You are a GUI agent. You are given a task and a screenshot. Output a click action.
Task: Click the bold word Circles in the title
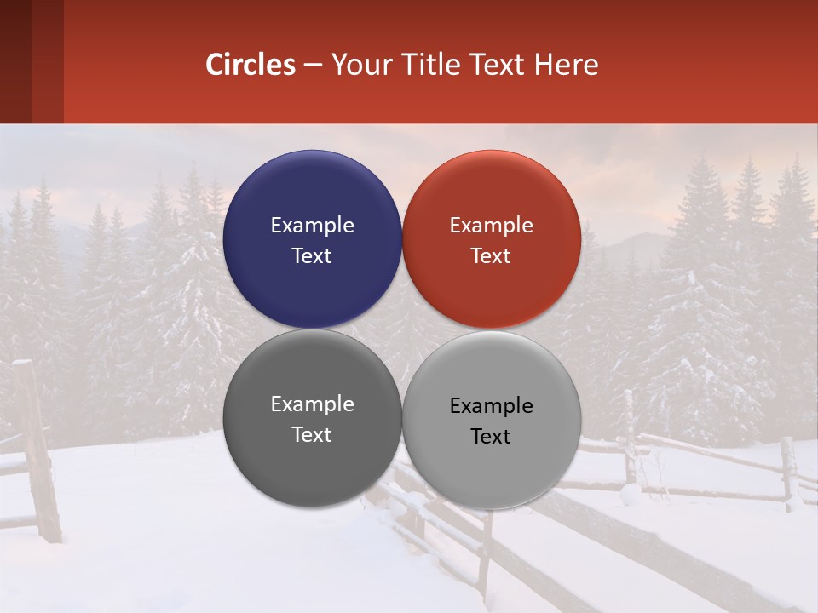(x=251, y=65)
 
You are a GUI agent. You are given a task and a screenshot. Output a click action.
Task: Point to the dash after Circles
(x=313, y=66)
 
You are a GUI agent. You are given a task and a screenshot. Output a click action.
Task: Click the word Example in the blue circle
(x=312, y=225)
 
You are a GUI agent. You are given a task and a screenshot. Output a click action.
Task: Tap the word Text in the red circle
(x=491, y=255)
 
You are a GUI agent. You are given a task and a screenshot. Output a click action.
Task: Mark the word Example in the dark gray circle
(x=312, y=404)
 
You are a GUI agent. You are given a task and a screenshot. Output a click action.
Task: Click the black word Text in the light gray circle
(x=491, y=436)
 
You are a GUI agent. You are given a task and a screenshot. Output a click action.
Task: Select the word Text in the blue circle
(x=312, y=255)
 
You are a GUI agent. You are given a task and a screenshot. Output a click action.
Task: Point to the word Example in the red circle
(x=491, y=225)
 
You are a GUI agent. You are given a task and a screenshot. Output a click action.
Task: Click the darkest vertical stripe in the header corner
(x=15, y=61)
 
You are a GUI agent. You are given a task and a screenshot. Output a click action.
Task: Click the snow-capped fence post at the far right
(x=789, y=473)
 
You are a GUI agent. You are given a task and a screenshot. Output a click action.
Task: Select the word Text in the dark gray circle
(x=312, y=434)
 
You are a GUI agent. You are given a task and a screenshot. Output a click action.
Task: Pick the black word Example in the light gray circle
(x=491, y=405)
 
